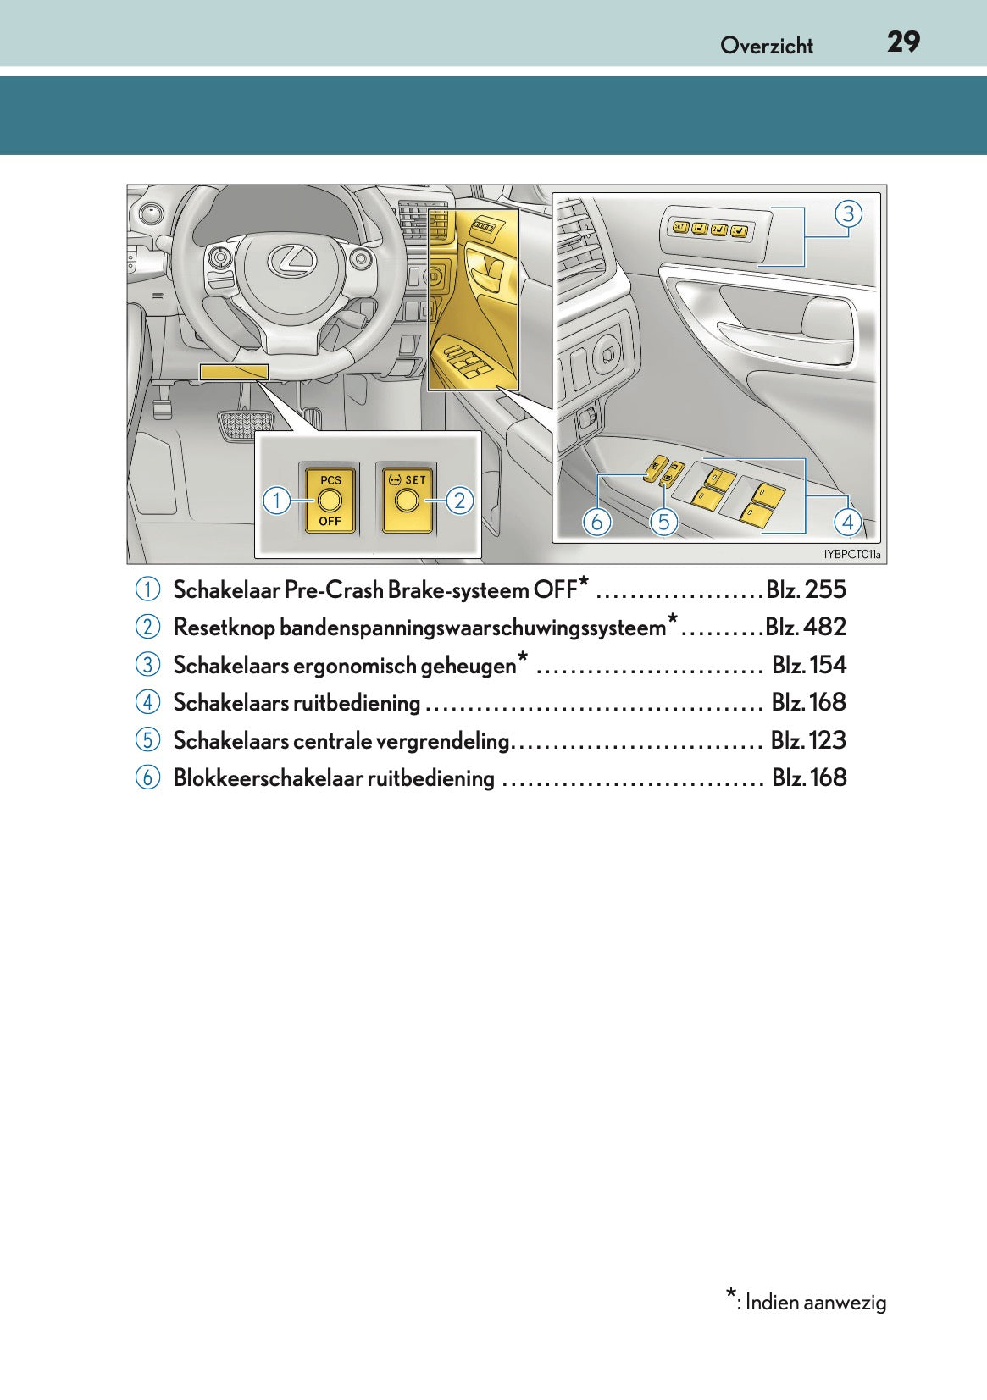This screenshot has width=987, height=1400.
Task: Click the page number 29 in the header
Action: pos(903,42)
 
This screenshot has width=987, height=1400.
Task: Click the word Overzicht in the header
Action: pos(766,46)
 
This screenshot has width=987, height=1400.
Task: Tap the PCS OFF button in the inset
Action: pos(330,500)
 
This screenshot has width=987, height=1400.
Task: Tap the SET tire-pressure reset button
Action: pos(408,500)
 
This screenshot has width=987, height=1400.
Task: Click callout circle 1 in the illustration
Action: pos(275,501)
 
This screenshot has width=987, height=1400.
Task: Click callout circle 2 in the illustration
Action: pos(459,501)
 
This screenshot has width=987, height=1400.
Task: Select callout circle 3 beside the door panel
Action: pos(848,213)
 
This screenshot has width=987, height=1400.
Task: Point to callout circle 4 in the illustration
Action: pos(848,522)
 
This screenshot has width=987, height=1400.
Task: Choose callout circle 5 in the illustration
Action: pos(663,522)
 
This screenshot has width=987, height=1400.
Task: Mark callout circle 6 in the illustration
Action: pos(596,522)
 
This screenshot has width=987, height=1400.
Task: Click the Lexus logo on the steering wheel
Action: pos(292,260)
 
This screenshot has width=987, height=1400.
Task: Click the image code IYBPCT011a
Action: pos(851,555)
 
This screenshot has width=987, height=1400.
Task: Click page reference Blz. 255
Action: pos(806,589)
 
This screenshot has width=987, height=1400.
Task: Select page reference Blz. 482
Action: pos(806,627)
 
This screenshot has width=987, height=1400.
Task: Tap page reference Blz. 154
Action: pos(808,665)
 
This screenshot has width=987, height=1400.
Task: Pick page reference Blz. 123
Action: pos(808,740)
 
